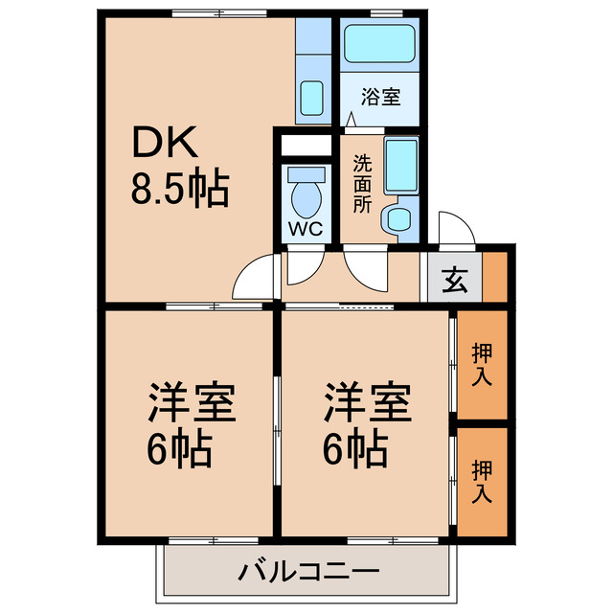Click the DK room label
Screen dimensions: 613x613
[x=164, y=143]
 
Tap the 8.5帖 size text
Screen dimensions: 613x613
[x=180, y=190]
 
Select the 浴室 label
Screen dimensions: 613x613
[x=380, y=97]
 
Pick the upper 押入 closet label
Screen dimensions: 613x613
[x=482, y=364]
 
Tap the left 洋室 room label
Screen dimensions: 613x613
[x=192, y=401]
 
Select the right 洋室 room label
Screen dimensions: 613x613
[x=367, y=401]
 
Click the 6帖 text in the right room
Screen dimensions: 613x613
[x=354, y=447]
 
